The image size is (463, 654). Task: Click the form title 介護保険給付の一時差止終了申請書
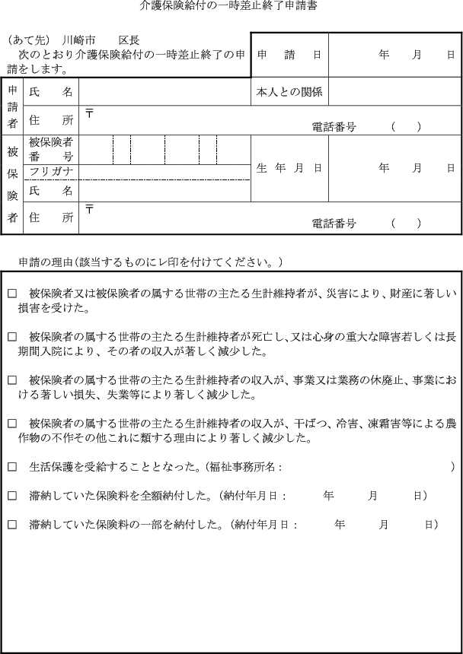click(229, 6)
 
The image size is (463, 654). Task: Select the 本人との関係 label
click(289, 92)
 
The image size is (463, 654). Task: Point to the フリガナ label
click(50, 172)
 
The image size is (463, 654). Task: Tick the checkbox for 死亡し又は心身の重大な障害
click(12, 336)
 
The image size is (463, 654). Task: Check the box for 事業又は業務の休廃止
click(12, 379)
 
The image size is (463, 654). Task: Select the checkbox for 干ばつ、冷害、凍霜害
click(12, 422)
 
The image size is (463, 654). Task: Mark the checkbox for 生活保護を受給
click(12, 466)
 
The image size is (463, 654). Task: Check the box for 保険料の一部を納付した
click(12, 525)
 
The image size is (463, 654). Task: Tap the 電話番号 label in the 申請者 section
click(334, 127)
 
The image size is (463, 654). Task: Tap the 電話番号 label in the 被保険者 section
click(334, 224)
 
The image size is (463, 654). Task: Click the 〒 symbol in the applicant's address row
click(89, 113)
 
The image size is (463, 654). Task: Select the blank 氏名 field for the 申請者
click(164, 92)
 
